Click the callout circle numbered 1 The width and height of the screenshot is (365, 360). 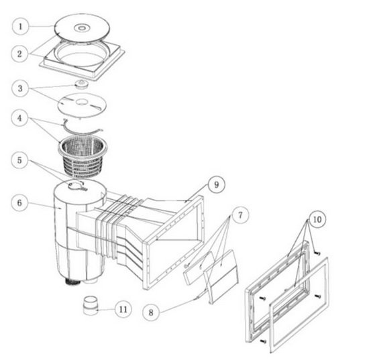tap(21, 26)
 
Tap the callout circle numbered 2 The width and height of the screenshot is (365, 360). tap(19, 54)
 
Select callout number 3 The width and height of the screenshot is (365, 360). tap(20, 88)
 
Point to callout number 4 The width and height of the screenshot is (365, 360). tap(19, 118)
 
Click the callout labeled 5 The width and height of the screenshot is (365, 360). tap(19, 160)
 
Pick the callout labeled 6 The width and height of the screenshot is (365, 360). tap(19, 202)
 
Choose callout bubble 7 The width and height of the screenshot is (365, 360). tap(240, 215)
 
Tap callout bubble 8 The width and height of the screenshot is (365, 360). tap(151, 312)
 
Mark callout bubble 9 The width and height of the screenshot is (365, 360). tap(217, 184)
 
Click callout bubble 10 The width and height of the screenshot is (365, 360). tap(317, 219)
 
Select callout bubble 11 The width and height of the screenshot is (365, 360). tap(123, 309)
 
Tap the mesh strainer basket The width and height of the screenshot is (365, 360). tap(83, 156)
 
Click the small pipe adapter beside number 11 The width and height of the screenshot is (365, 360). tap(91, 305)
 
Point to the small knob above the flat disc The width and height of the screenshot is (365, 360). tap(81, 84)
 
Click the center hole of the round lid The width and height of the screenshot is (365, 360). tap(81, 28)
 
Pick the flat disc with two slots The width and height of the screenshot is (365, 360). tap(82, 104)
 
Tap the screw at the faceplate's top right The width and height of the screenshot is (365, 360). tap(317, 253)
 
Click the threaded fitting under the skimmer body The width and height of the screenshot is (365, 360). tap(72, 282)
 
